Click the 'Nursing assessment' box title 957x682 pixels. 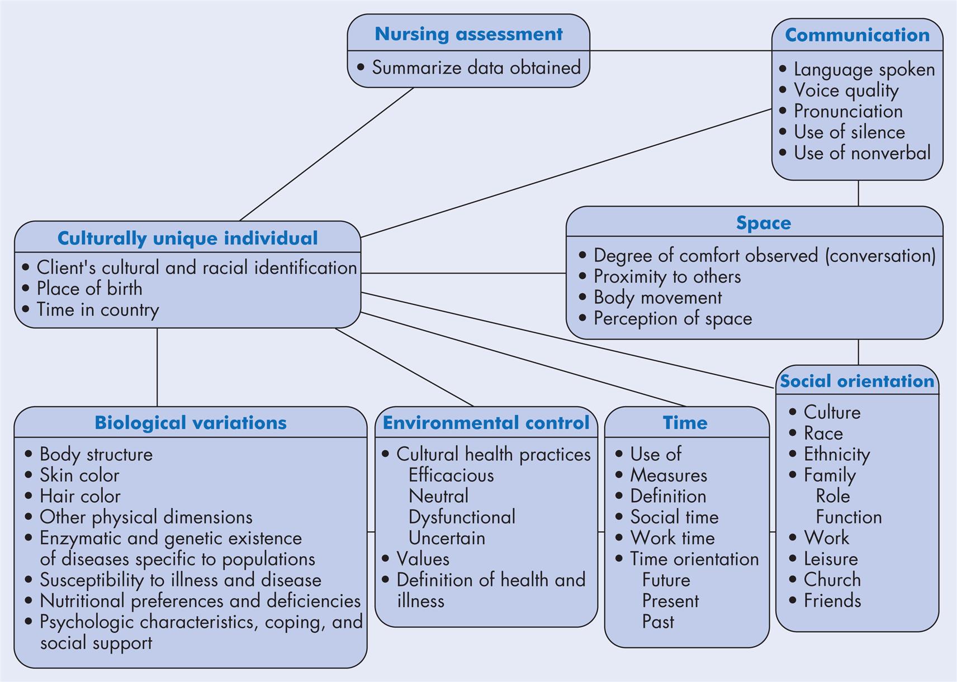[x=468, y=34]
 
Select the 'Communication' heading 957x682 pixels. [x=857, y=35]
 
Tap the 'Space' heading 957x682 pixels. [x=764, y=223]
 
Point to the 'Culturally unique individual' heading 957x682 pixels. [x=187, y=239]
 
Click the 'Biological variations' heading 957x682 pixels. [x=190, y=423]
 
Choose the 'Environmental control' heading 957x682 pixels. [x=486, y=423]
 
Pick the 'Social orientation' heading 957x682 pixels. [x=857, y=381]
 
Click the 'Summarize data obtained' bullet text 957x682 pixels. [x=476, y=68]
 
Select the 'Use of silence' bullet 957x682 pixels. [x=849, y=132]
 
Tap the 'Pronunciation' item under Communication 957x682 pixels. [x=847, y=111]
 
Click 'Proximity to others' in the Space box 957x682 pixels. [x=666, y=276]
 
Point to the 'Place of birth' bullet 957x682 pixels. [x=89, y=289]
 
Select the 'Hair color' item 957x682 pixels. [x=79, y=496]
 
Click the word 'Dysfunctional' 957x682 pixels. [x=462, y=517]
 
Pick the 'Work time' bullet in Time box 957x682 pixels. [x=672, y=538]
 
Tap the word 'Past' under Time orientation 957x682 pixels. [x=657, y=622]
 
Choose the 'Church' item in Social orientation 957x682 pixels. [x=832, y=580]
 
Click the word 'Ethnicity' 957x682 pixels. [x=836, y=454]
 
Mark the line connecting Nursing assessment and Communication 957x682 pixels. [x=680, y=51]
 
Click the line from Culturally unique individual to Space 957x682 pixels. [x=463, y=273]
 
